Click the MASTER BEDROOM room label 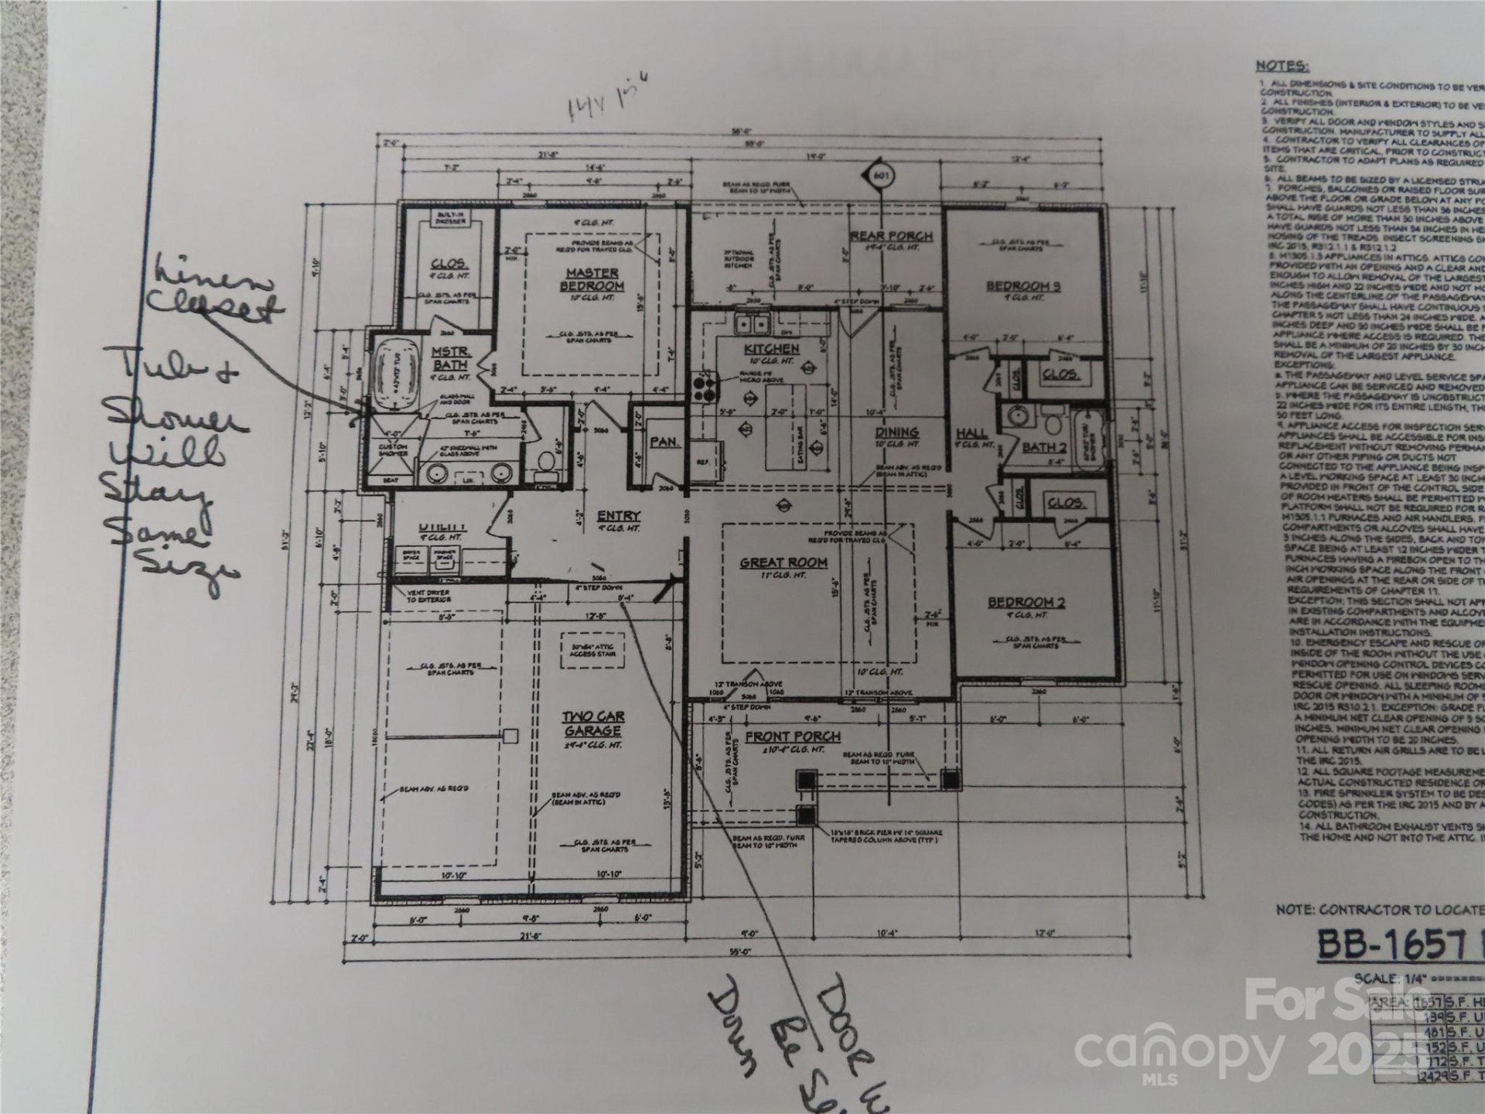point(592,279)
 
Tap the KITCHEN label point(771,349)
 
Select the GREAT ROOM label point(783,562)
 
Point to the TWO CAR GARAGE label point(593,723)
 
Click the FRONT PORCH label point(793,736)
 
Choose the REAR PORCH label point(890,236)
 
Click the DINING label point(896,432)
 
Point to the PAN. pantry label point(664,443)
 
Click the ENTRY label point(618,516)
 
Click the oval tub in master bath point(393,381)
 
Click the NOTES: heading point(1282,66)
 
